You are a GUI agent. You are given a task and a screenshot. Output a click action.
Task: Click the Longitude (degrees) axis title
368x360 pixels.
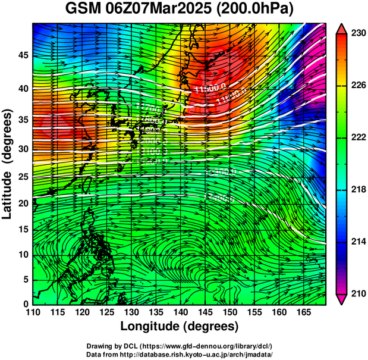coord(180,327)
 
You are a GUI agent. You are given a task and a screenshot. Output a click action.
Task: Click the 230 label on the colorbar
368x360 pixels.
coord(358,34)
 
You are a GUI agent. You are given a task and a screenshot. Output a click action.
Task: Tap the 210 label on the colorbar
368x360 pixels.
coord(358,293)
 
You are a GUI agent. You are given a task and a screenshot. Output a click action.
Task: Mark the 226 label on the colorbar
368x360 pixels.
coord(358,86)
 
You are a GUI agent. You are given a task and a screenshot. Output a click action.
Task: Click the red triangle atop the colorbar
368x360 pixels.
coord(342,29)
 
